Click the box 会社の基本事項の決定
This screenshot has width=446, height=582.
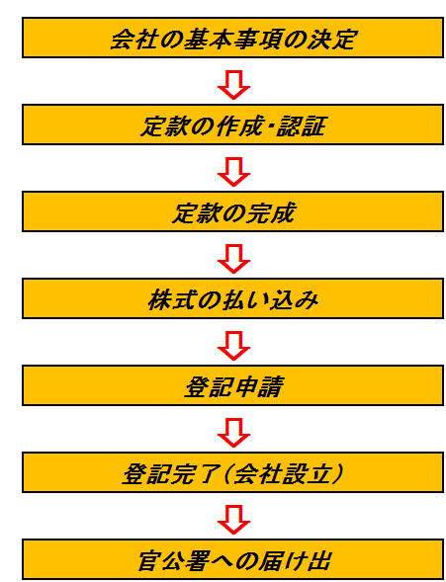point(232,38)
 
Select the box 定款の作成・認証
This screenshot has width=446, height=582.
point(232,125)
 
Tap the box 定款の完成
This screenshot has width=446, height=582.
point(232,211)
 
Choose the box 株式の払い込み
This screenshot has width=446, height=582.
point(232,298)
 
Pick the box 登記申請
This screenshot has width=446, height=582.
point(232,385)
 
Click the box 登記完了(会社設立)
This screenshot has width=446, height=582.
point(232,472)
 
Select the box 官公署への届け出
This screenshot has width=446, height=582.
point(232,559)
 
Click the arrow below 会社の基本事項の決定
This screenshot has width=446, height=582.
point(233,85)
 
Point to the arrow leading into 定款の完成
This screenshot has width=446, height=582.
point(233,172)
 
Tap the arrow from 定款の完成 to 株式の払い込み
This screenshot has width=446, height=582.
point(233,259)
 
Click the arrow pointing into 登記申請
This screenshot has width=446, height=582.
point(233,346)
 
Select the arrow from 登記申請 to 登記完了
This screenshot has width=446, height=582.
point(233,433)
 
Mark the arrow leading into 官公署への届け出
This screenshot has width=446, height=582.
point(233,520)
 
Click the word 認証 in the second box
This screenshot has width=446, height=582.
point(302,125)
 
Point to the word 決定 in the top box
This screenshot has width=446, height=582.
point(331,39)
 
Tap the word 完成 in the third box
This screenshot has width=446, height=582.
point(270,212)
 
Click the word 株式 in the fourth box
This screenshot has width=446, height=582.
point(172,300)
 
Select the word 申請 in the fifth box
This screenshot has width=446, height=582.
point(258,386)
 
